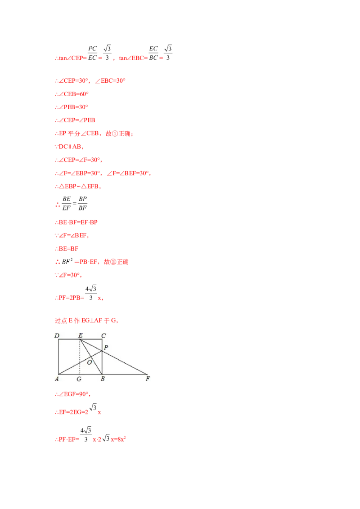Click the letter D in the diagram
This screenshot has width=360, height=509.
57,335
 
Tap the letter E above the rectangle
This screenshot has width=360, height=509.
80,335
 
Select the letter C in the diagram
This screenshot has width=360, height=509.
103,335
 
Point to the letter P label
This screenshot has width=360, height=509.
106,348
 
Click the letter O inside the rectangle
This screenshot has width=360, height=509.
90,362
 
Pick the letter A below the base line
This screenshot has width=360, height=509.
57,379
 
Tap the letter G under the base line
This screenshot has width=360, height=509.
79,380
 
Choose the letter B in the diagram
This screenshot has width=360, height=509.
103,380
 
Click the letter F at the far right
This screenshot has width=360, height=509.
148,379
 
